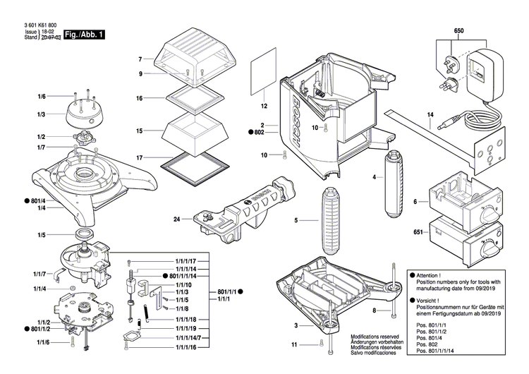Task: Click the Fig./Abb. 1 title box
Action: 84,34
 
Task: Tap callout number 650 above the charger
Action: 458,32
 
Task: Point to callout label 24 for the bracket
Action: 178,218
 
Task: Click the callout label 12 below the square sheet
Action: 264,107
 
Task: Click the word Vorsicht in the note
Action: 429,300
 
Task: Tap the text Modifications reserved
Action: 375,338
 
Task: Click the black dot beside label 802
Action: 250,132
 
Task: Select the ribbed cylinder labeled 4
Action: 391,185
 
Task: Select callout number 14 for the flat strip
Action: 430,114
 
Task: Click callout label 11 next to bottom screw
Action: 295,345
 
